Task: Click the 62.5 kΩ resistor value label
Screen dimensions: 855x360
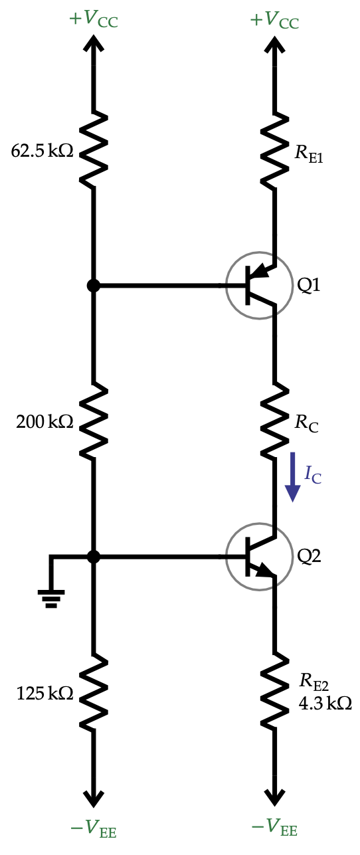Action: pos(42,151)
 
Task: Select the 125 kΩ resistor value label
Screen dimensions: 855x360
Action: pos(45,694)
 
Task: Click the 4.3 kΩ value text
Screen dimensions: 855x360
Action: pos(325,703)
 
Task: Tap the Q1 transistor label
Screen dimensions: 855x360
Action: pos(309,286)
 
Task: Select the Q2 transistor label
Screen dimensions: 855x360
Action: pos(309,556)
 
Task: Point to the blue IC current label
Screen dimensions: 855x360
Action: pos(313,474)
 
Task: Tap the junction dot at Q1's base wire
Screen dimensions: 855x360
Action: pos(94,286)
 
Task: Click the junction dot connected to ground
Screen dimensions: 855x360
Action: pos(94,556)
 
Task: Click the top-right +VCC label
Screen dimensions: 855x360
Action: pos(274,19)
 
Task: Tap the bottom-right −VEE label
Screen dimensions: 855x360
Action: pos(274,828)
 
